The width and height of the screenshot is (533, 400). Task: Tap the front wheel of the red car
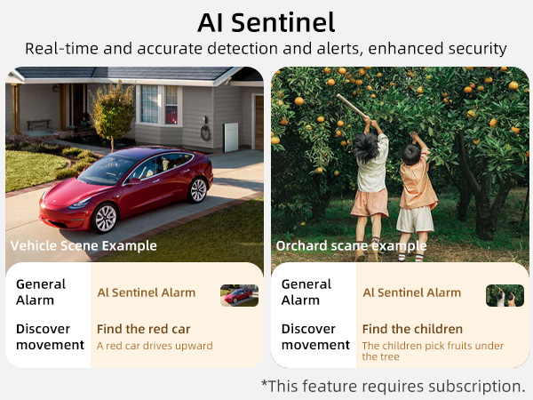pos(105,218)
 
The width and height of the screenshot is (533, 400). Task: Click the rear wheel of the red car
pos(197,188)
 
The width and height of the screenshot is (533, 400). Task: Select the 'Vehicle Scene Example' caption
pos(84,245)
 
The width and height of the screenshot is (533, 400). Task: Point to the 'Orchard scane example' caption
pos(351,245)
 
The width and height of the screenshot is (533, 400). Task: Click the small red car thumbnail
pos(239,295)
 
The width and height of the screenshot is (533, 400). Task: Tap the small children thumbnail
pos(505,295)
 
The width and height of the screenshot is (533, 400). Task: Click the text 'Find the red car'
pos(143,329)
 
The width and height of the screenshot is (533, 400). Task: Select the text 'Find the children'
pos(412,329)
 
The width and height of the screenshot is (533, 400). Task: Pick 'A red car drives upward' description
pos(155,346)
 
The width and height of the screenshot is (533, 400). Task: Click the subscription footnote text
pos(393,386)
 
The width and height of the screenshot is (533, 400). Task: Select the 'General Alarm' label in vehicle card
pos(41,292)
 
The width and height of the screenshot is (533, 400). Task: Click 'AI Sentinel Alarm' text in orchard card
pos(411,292)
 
